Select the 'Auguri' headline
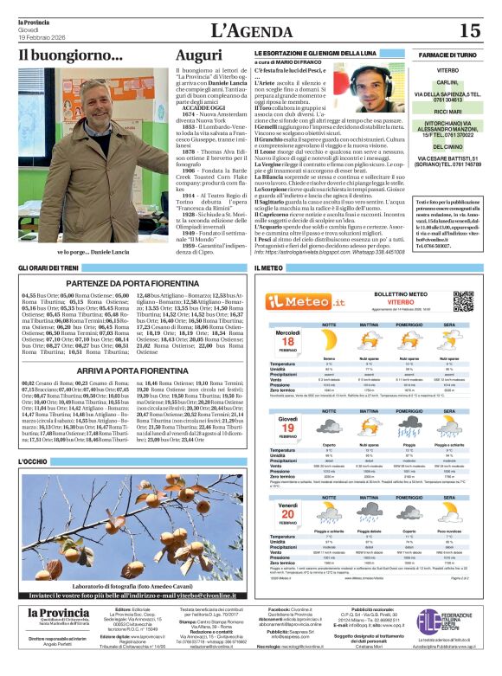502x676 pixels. click(199, 55)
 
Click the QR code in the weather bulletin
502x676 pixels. click(464, 300)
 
